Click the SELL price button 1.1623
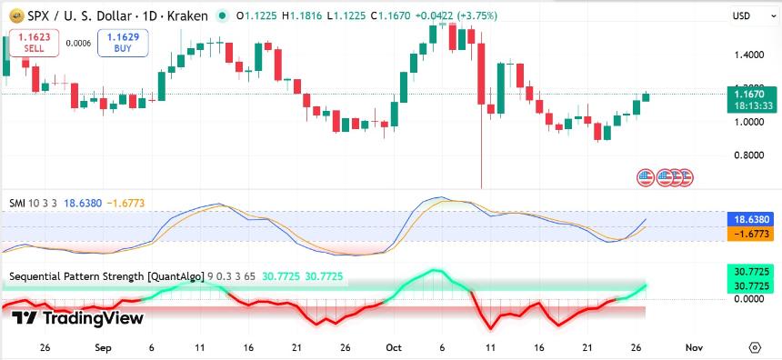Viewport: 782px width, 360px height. click(34, 42)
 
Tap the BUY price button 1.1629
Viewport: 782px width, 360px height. click(123, 42)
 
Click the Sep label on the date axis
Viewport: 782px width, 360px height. click(103, 347)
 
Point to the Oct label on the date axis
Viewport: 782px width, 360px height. click(394, 347)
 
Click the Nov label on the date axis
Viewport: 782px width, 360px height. click(693, 347)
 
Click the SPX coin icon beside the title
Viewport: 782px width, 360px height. click(16, 15)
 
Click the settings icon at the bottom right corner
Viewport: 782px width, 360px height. click(755, 347)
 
